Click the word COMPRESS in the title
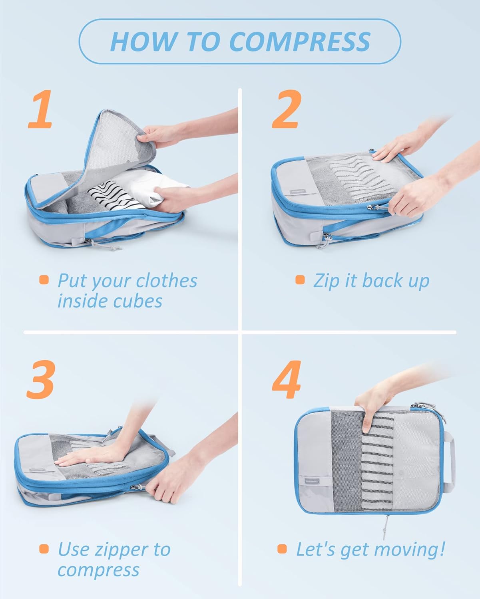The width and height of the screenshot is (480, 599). [x=300, y=41]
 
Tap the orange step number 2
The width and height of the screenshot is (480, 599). [x=287, y=109]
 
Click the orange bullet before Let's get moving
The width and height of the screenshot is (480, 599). [x=282, y=549]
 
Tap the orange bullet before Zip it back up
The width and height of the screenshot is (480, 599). [x=300, y=280]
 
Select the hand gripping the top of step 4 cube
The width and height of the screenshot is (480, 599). [x=370, y=407]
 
